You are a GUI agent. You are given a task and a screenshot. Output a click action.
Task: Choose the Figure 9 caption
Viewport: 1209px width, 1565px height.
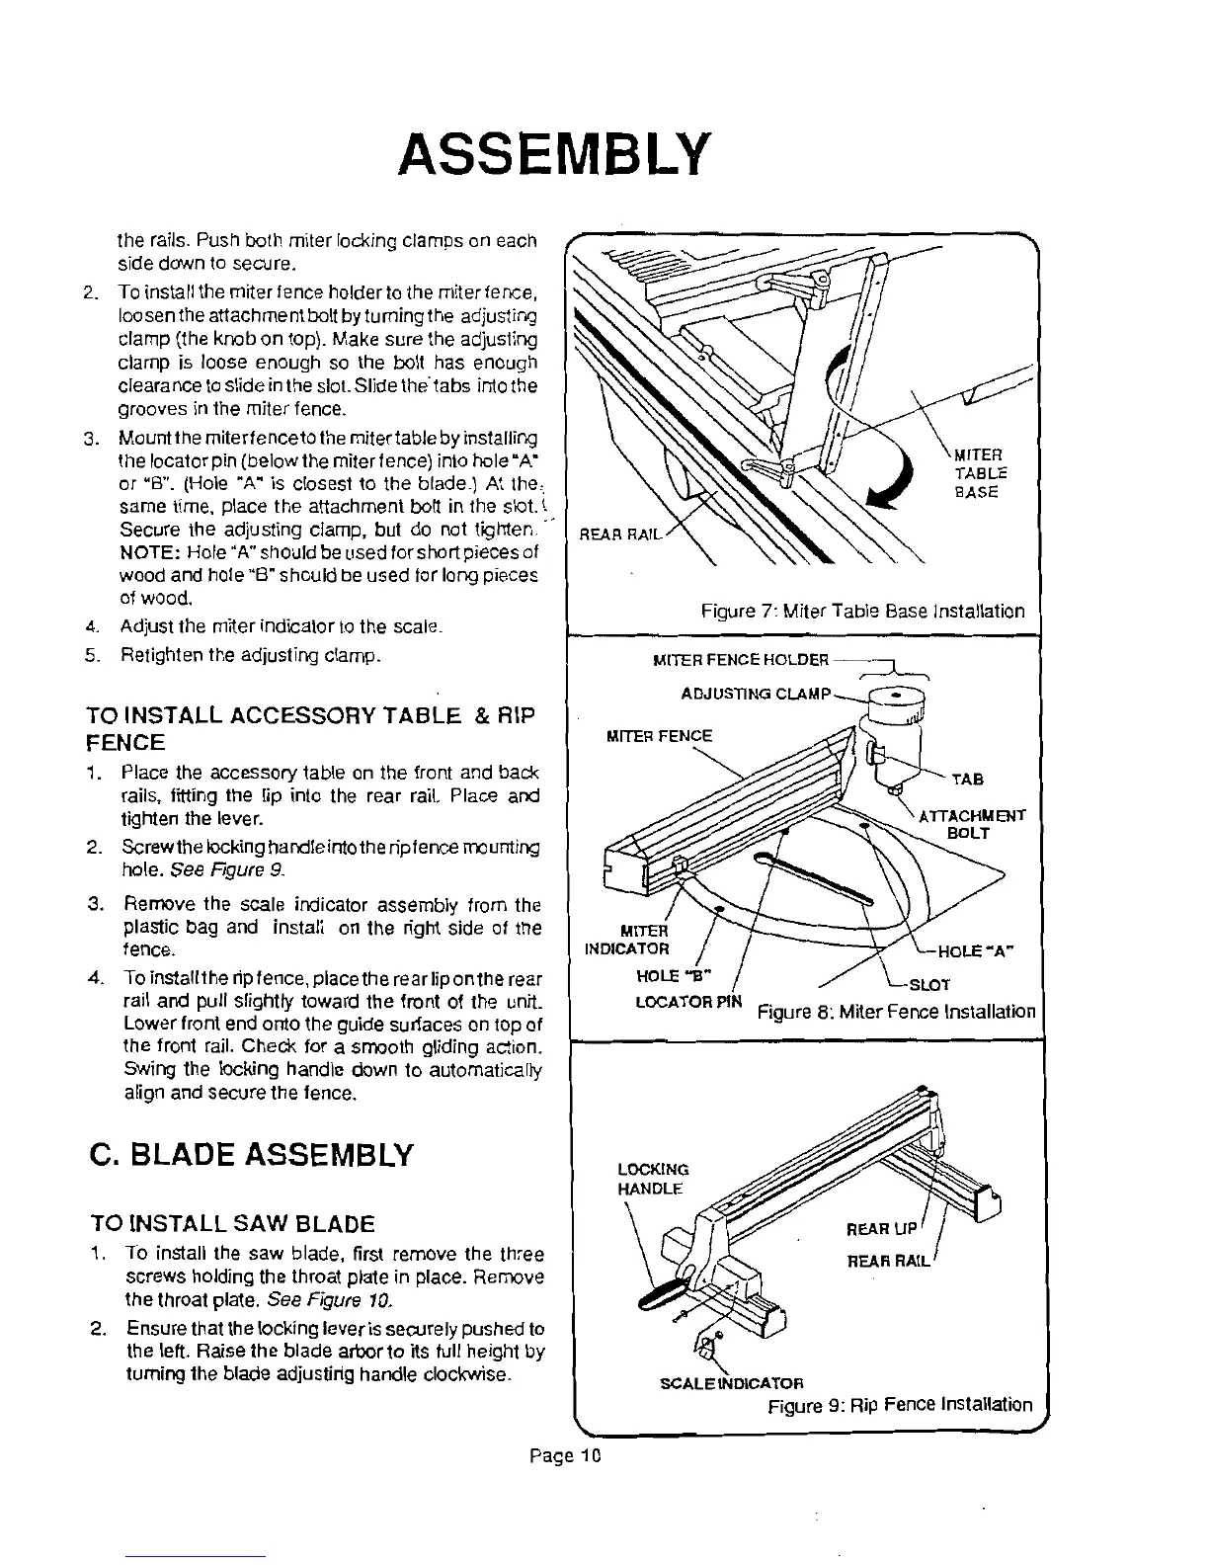900,1404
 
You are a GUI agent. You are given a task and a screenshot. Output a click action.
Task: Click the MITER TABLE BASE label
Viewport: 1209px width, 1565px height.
978,473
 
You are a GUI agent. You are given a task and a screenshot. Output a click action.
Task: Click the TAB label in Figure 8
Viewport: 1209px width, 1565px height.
967,780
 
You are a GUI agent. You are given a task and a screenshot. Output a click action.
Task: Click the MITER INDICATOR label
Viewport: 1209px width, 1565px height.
628,940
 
